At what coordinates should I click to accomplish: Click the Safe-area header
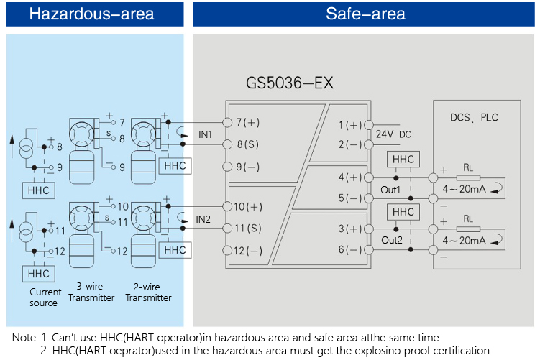pyautogui.click(x=365, y=14)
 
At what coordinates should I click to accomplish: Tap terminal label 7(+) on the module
pyautogui.click(x=248, y=122)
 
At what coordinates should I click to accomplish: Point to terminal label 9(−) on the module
pyautogui.click(x=248, y=166)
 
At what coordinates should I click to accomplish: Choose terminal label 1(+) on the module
pyautogui.click(x=350, y=125)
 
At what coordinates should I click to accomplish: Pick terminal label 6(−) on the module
pyautogui.click(x=350, y=250)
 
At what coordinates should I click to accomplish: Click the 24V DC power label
pyautogui.click(x=393, y=134)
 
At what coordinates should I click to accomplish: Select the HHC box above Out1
pyautogui.click(x=403, y=160)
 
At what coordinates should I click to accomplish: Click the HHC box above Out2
pyautogui.click(x=403, y=212)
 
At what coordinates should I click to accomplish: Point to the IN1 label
pyautogui.click(x=205, y=134)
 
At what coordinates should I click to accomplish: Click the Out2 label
pyautogui.click(x=393, y=240)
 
